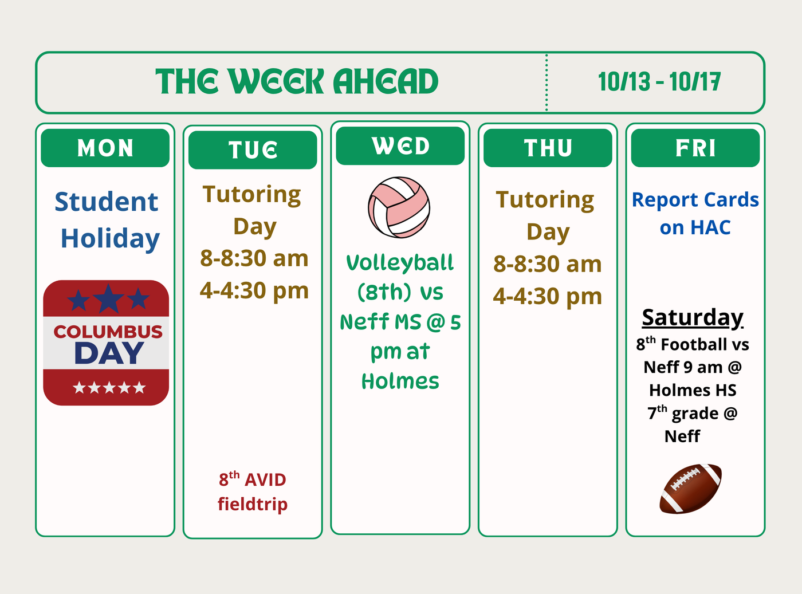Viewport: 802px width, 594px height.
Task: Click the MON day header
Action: click(x=105, y=148)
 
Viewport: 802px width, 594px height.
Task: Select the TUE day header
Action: click(x=253, y=150)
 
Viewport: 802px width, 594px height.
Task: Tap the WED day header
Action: click(x=400, y=146)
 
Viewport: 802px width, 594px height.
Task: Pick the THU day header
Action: click(x=548, y=148)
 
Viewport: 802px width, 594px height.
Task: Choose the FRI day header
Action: click(x=695, y=148)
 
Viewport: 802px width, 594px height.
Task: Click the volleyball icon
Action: click(x=399, y=207)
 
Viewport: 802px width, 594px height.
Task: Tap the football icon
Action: click(x=691, y=489)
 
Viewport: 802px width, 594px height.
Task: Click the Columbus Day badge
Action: click(x=106, y=343)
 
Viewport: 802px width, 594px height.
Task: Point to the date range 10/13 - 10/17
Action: click(x=659, y=82)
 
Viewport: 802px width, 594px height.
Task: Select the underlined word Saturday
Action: click(x=693, y=317)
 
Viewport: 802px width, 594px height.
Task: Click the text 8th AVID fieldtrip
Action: click(x=253, y=491)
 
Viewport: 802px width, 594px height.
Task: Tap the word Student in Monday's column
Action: click(x=106, y=202)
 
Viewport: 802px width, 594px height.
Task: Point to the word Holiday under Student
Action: click(x=110, y=238)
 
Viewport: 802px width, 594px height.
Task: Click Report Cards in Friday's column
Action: click(x=695, y=200)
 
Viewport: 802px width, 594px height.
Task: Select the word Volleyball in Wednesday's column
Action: click(x=400, y=263)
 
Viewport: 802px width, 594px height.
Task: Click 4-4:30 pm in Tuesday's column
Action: click(x=254, y=290)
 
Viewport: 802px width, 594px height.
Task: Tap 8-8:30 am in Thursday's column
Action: click(x=548, y=264)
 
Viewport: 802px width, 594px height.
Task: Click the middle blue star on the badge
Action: click(x=108, y=298)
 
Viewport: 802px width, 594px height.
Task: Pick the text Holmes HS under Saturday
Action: click(x=693, y=390)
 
